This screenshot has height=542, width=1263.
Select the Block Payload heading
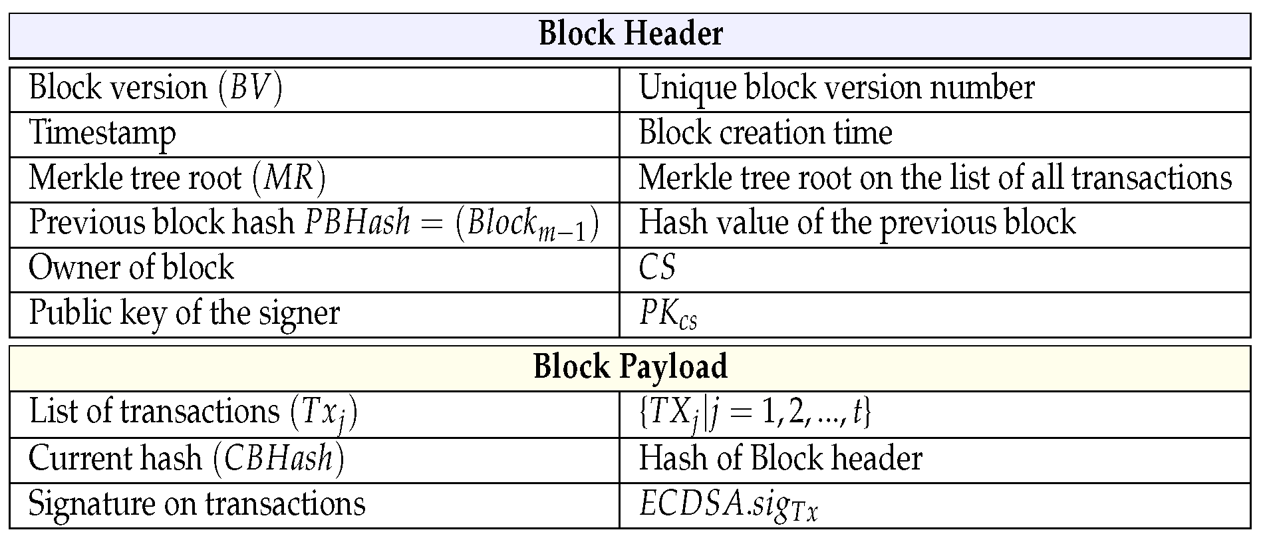[x=631, y=367]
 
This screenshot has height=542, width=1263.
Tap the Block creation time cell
[x=765, y=133]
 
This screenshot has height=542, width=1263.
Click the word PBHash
[x=357, y=223]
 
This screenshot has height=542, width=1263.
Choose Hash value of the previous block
[x=857, y=223]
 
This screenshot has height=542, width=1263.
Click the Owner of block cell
[x=131, y=268]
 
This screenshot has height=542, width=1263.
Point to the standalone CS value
[x=657, y=268]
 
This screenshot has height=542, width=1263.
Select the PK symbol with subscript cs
[x=667, y=314]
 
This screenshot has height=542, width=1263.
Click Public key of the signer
[x=184, y=313]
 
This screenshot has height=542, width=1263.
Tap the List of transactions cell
[x=193, y=412]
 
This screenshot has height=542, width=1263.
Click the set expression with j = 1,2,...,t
[x=754, y=412]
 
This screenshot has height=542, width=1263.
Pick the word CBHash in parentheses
[x=279, y=459]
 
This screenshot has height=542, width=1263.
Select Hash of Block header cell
[x=780, y=459]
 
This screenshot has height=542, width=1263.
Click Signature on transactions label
[x=197, y=504]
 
